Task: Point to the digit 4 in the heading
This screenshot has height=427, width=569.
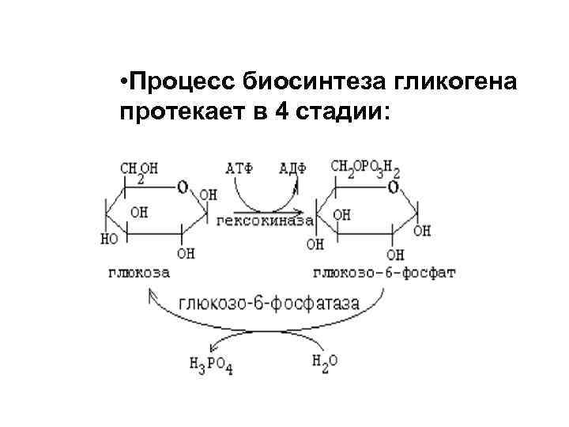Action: point(281,112)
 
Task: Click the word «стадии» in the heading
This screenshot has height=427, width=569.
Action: point(340,112)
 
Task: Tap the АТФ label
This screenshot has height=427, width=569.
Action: point(239,168)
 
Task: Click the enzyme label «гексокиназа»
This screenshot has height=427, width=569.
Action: point(264,221)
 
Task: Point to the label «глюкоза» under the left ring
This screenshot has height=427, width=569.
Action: point(141,272)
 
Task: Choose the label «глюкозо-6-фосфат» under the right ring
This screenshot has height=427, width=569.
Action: point(385,272)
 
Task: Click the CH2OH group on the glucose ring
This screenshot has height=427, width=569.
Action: point(139,169)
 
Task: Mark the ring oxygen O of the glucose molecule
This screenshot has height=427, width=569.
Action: point(183,187)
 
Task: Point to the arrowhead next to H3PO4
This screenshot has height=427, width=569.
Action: point(211,347)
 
